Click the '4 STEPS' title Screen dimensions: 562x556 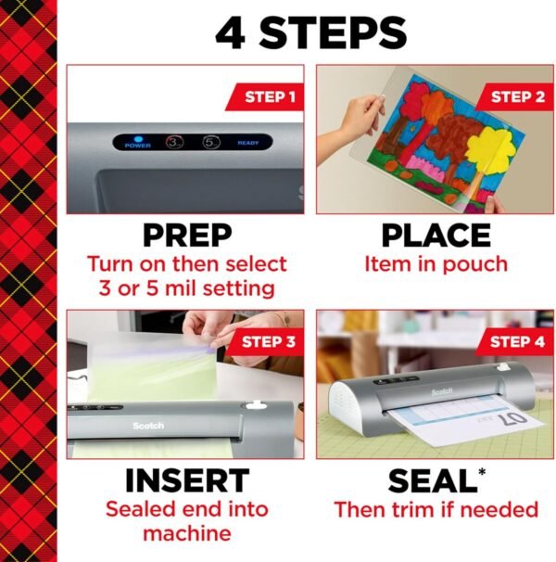pyautogui.click(x=310, y=32)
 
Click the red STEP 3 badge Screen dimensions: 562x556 pyautogui.click(x=269, y=341)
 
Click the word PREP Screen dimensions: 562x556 pyautogui.click(x=186, y=236)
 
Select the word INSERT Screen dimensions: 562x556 pyautogui.click(x=186, y=480)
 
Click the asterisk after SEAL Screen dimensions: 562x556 pyautogui.click(x=482, y=471)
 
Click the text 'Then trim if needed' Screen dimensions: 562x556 pyautogui.click(x=436, y=509)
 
